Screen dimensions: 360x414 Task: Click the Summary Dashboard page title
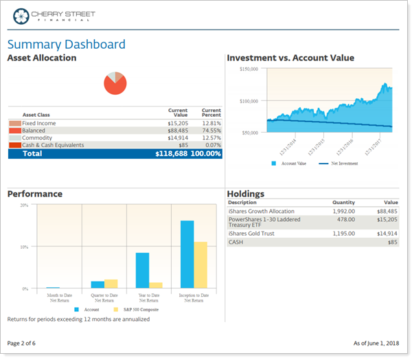66,45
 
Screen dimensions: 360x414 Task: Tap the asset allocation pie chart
115,83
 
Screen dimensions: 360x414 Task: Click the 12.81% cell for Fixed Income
211,124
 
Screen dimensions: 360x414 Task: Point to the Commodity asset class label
37,138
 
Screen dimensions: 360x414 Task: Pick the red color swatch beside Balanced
14,131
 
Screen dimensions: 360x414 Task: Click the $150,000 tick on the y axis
248,69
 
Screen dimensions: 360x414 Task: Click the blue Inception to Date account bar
187,254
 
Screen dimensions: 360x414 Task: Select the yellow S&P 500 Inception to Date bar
200,265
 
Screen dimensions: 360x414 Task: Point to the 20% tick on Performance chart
23,205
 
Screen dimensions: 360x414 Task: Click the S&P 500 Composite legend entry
139,310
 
